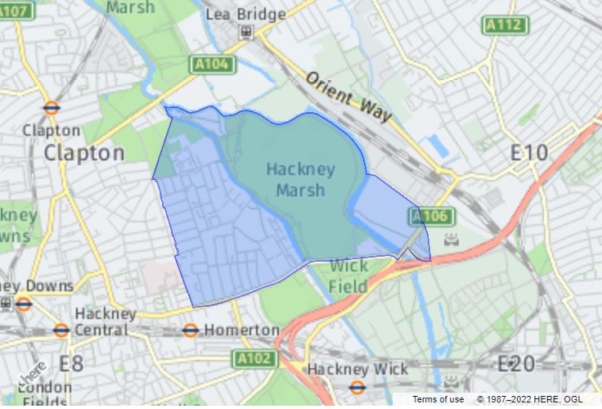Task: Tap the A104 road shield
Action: (213, 64)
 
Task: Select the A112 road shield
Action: (505, 25)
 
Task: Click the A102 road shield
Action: (253, 358)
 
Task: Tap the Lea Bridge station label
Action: (245, 14)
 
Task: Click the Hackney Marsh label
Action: (300, 180)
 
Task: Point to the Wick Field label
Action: (348, 276)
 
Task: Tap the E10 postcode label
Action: (530, 153)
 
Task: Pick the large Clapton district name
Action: (84, 153)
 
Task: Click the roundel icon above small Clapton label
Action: (52, 108)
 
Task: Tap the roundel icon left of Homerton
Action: (191, 330)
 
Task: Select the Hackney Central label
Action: (102, 321)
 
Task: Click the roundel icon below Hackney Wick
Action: (357, 388)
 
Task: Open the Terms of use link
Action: (438, 399)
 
